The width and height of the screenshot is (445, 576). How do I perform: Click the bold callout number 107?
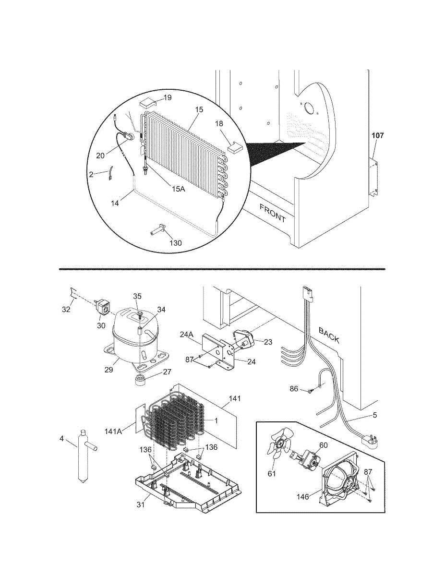coord(377,136)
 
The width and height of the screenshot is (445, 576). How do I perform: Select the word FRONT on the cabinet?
coord(273,213)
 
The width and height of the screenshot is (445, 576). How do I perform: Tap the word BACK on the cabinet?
coord(329,336)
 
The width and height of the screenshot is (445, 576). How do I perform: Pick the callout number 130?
coord(176,243)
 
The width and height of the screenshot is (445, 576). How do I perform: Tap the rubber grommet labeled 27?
coord(141,381)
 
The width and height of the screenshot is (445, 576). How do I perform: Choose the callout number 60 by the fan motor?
coord(324,445)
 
